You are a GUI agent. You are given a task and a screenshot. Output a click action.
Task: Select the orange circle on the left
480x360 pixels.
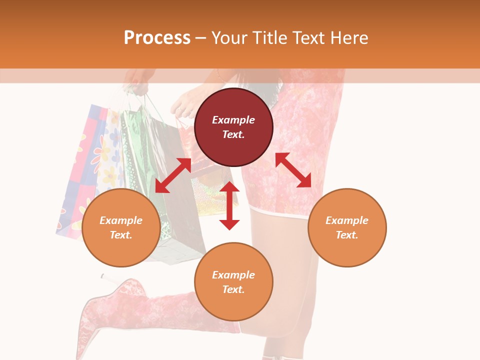tap(121, 228)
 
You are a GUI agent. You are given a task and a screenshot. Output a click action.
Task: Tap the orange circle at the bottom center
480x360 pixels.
tap(233, 282)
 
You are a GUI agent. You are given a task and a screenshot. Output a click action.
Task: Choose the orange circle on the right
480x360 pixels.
tap(347, 228)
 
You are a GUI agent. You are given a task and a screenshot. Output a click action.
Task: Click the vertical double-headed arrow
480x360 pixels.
tap(229, 205)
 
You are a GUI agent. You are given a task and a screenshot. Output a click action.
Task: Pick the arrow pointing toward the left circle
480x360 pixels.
tap(173, 175)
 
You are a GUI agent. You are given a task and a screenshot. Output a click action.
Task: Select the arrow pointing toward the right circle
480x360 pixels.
tap(293, 170)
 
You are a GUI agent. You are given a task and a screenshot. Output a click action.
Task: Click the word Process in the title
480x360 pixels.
tap(157, 37)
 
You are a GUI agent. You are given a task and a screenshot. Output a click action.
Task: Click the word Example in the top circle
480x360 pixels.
tap(233, 120)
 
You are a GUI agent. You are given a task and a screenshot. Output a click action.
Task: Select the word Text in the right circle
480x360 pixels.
tap(347, 235)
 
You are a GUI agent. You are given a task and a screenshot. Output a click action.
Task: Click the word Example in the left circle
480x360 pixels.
tap(121, 220)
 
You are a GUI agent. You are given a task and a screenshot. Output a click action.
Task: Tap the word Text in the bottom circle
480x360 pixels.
tap(233, 289)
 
